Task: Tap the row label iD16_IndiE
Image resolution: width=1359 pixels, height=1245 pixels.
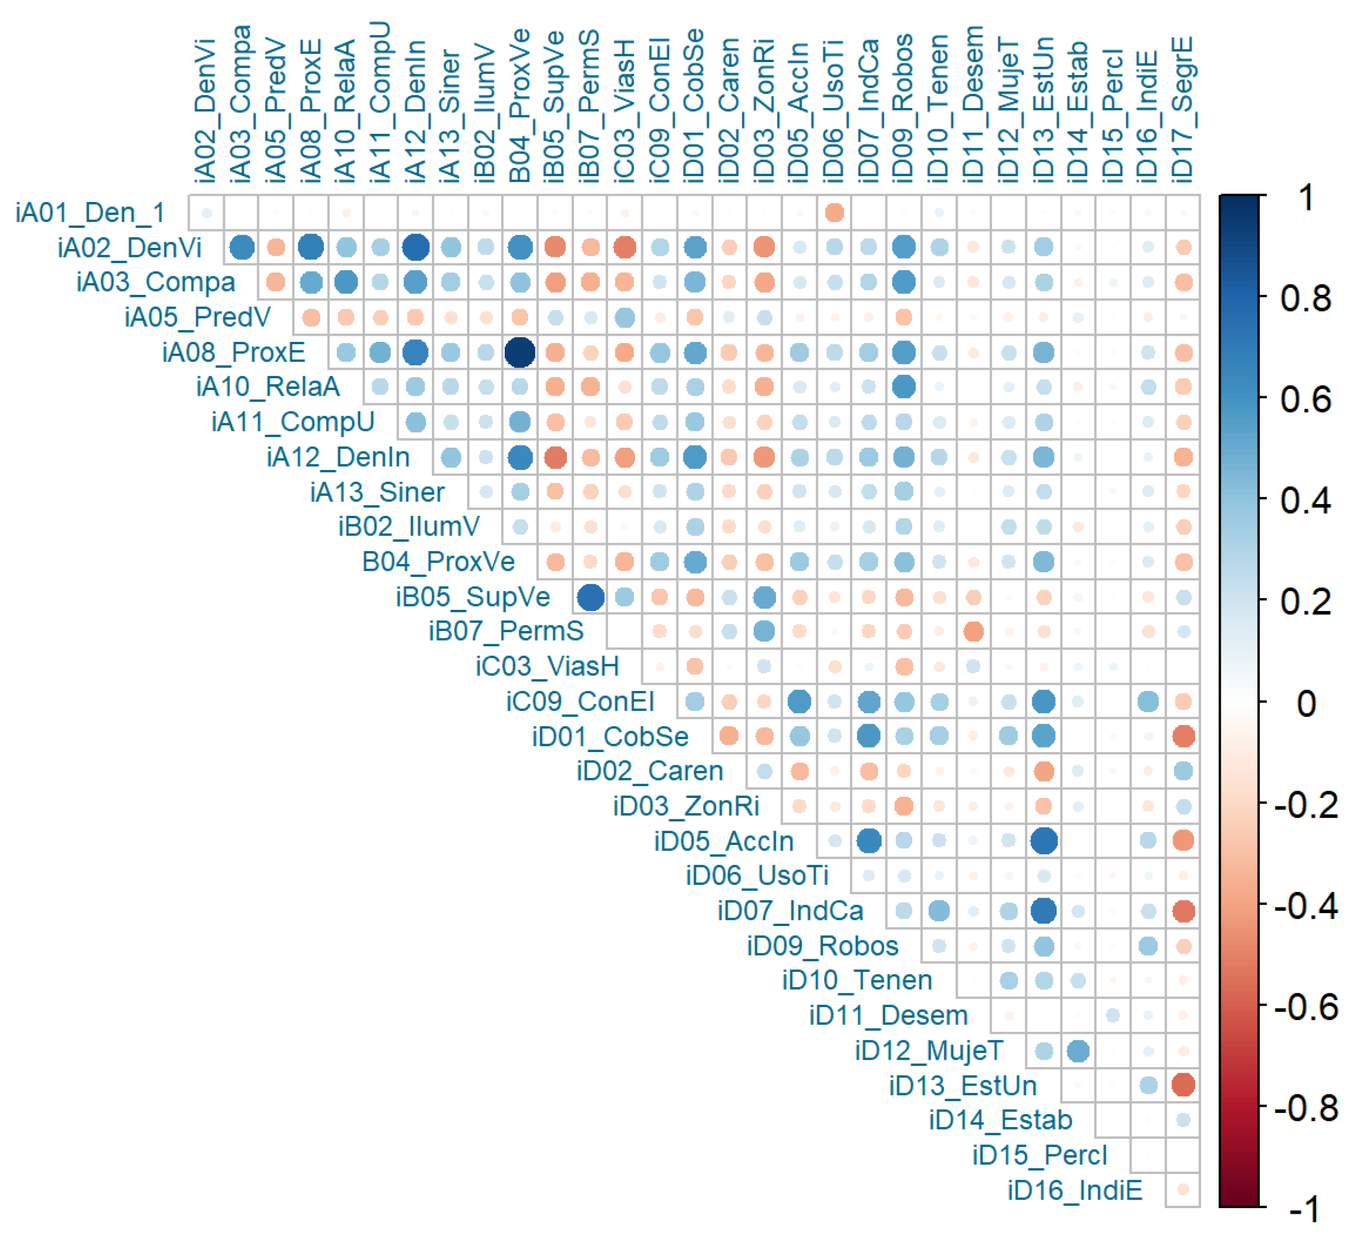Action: [1075, 1190]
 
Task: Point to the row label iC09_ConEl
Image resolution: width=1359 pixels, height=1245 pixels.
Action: [580, 702]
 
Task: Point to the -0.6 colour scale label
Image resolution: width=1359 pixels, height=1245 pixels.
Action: [1306, 1007]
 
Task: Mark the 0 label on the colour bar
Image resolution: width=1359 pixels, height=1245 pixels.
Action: [1306, 703]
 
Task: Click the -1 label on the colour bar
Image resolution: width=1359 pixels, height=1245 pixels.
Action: [1306, 1209]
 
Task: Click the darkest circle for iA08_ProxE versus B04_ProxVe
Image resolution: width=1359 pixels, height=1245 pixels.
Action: [520, 353]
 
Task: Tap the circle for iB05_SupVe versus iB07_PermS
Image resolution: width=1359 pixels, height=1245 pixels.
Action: [590, 597]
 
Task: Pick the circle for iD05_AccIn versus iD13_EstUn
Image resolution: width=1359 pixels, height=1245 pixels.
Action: [1043, 841]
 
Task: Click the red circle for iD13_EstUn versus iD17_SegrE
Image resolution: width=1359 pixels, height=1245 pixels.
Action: [1183, 1085]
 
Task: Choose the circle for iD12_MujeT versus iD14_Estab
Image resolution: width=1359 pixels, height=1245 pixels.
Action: [1078, 1051]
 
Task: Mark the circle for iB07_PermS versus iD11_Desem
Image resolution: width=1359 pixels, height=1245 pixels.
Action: [973, 632]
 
